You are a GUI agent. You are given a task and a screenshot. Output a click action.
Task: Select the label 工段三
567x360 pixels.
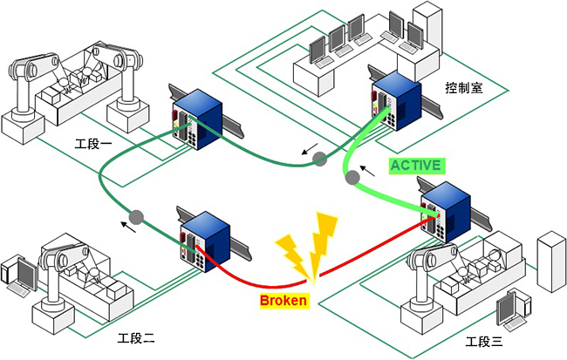pos(486,341)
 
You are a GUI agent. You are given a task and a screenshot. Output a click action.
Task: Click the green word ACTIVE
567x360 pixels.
pos(417,165)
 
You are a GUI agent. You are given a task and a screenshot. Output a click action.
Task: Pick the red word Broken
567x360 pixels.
pos(283,301)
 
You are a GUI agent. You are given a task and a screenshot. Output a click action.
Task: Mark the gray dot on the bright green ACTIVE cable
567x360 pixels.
pos(353,179)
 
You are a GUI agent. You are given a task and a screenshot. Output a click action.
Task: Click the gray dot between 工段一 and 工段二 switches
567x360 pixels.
pos(136,216)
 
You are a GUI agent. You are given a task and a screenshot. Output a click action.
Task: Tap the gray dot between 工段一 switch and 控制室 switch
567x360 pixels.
pos(320,159)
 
